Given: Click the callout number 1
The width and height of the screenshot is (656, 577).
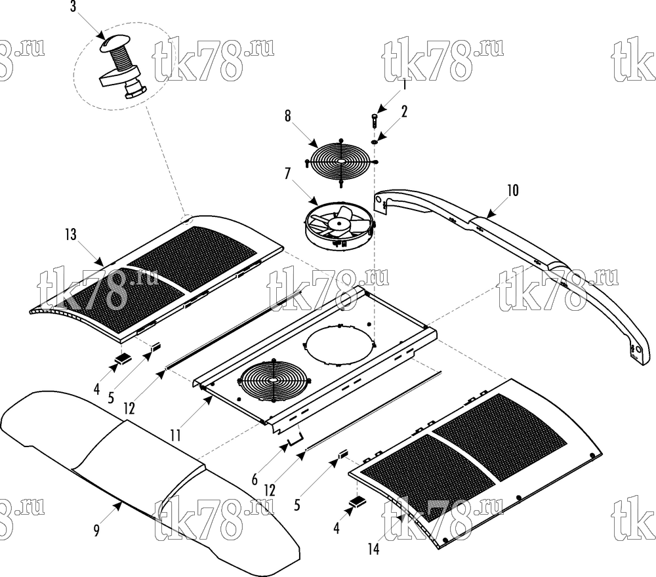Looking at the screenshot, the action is pyautogui.click(x=404, y=85).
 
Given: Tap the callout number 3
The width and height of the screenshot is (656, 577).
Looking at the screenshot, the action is pyautogui.click(x=73, y=7).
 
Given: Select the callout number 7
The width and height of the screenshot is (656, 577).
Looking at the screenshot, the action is pyautogui.click(x=287, y=174).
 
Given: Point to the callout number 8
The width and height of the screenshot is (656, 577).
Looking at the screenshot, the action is pyautogui.click(x=287, y=116).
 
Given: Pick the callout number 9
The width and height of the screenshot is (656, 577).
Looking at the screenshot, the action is pyautogui.click(x=96, y=531).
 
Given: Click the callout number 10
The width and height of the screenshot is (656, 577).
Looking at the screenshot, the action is pyautogui.click(x=512, y=191).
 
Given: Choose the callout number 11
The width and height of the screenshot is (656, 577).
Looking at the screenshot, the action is pyautogui.click(x=176, y=435).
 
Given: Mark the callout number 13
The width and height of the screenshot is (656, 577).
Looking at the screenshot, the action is pyautogui.click(x=71, y=235).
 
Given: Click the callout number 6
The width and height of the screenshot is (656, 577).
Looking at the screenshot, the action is pyautogui.click(x=255, y=479).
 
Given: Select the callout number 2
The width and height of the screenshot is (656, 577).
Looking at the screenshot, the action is pyautogui.click(x=403, y=111).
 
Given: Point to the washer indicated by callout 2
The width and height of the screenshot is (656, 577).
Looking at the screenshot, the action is pyautogui.click(x=375, y=142).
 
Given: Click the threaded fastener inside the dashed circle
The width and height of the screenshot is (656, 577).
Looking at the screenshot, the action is pyautogui.click(x=122, y=68).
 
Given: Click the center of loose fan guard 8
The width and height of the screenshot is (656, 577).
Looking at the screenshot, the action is pyautogui.click(x=341, y=161).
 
